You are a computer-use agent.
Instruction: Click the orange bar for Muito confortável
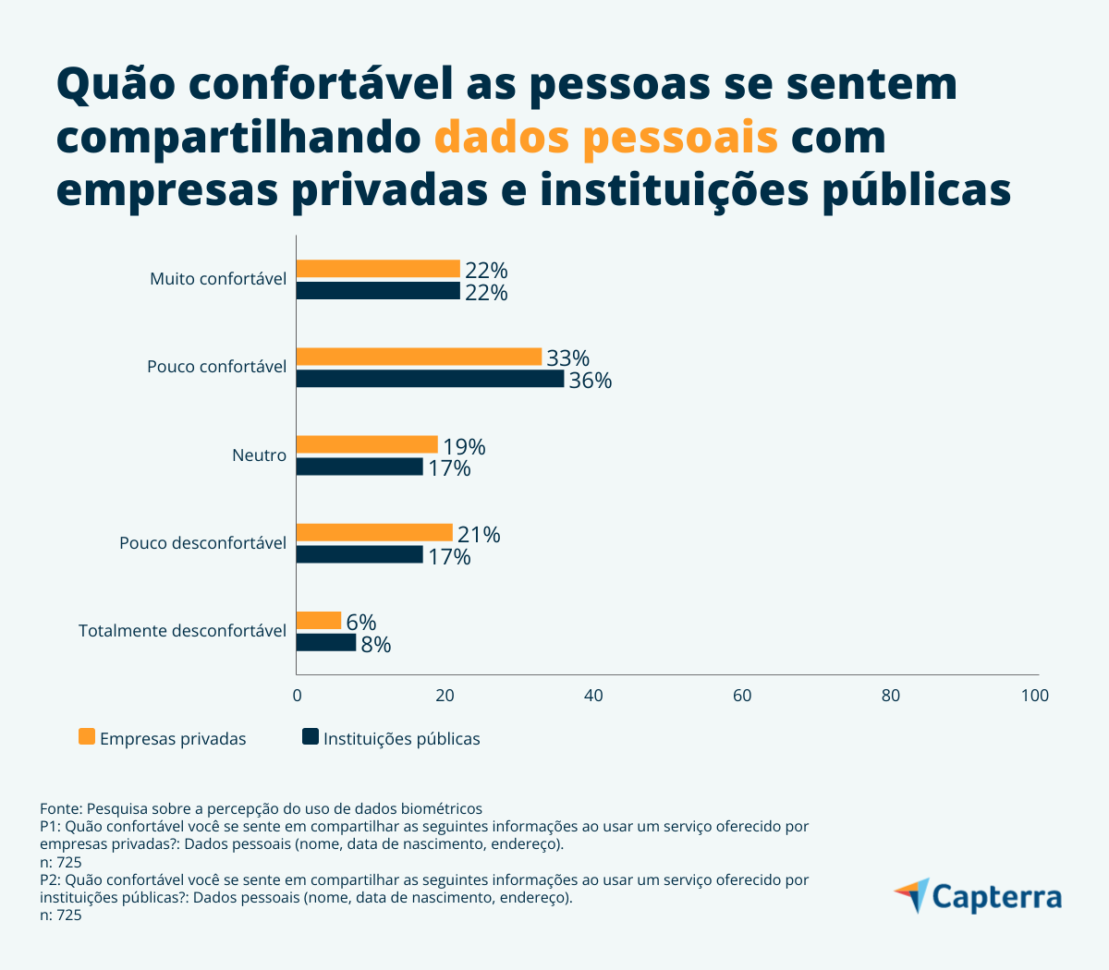pyautogui.click(x=378, y=269)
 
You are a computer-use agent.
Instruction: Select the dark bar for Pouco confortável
pyautogui.click(x=430, y=379)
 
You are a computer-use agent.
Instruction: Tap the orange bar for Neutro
pyautogui.click(x=367, y=445)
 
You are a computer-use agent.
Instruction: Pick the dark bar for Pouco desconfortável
pyautogui.click(x=360, y=554)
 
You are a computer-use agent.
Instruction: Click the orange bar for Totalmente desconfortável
pyautogui.click(x=319, y=621)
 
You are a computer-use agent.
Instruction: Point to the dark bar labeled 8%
pyautogui.click(x=326, y=643)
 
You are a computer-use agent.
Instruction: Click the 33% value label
pyautogui.click(x=567, y=358)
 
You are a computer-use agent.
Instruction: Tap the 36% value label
pyautogui.click(x=590, y=381)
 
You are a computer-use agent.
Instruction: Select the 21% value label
pyautogui.click(x=479, y=535)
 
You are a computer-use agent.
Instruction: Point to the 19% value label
pyautogui.click(x=464, y=447)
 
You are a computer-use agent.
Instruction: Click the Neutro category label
pyautogui.click(x=259, y=455)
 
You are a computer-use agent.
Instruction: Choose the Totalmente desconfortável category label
pyautogui.click(x=182, y=631)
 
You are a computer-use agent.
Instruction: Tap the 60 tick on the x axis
pyautogui.click(x=742, y=696)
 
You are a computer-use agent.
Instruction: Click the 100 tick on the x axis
pyautogui.click(x=1035, y=696)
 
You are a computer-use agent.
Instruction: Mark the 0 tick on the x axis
pyautogui.click(x=297, y=696)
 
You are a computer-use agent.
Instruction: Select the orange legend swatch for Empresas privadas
pyautogui.click(x=87, y=737)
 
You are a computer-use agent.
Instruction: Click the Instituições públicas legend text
pyautogui.click(x=401, y=739)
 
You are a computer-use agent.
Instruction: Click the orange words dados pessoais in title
pyautogui.click(x=605, y=137)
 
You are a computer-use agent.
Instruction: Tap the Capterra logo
pyautogui.click(x=978, y=896)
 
